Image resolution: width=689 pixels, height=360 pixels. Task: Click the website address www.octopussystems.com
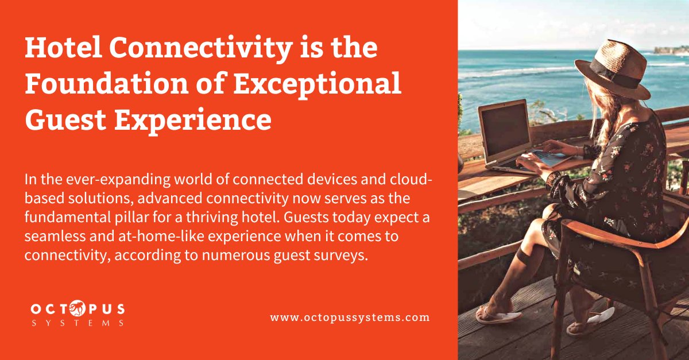click(x=350, y=317)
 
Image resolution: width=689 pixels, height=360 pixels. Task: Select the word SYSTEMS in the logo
click(x=78, y=324)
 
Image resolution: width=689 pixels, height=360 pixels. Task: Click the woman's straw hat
click(x=611, y=66)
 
